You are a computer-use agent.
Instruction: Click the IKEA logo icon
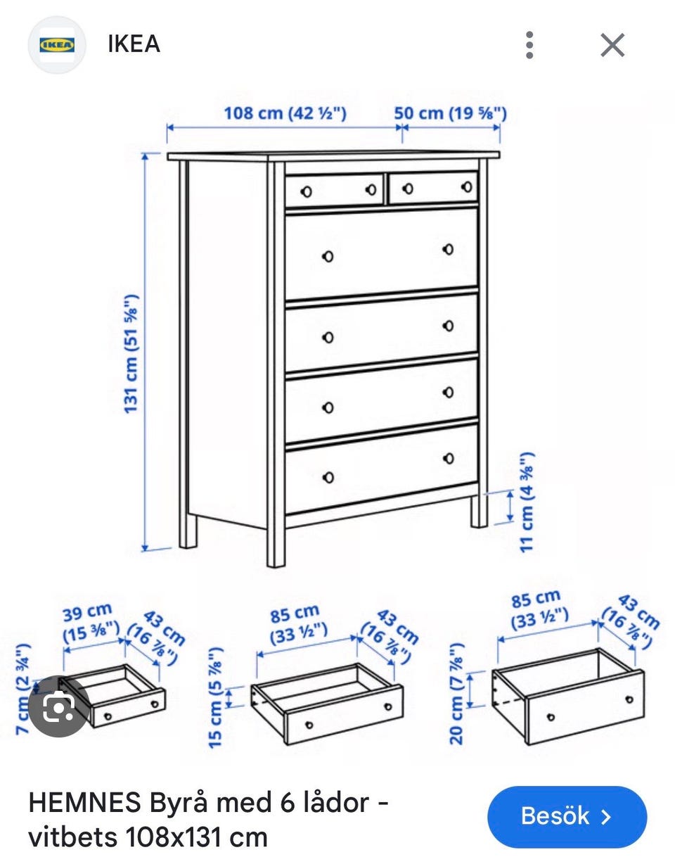(x=57, y=44)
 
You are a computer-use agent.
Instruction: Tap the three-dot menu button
(x=529, y=45)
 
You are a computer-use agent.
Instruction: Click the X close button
(x=612, y=45)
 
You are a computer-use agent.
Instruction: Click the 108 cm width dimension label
(x=285, y=113)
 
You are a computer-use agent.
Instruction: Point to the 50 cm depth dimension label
(x=450, y=113)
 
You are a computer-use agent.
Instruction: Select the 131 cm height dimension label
(x=131, y=354)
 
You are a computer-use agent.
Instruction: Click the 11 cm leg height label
(x=527, y=502)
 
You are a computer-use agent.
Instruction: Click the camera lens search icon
(x=59, y=706)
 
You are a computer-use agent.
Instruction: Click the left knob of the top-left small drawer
(x=307, y=191)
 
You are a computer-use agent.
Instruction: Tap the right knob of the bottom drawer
(x=448, y=458)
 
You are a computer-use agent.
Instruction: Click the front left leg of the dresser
(x=276, y=545)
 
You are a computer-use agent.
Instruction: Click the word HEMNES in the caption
(x=85, y=801)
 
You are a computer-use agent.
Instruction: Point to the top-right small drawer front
(x=433, y=187)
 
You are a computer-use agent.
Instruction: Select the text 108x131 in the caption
(x=173, y=837)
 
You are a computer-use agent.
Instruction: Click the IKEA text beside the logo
(x=134, y=44)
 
